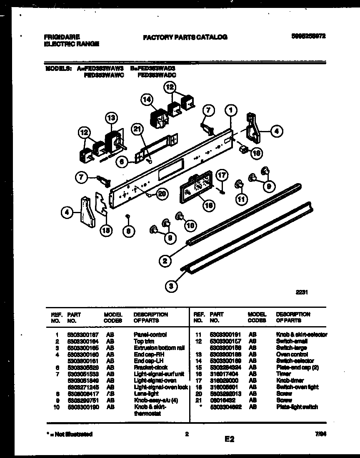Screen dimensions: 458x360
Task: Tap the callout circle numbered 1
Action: (x=230, y=110)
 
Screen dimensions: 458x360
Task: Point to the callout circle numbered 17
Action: (x=222, y=175)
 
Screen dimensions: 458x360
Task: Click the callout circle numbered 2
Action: (x=165, y=262)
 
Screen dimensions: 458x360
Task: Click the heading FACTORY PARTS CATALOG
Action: (x=185, y=37)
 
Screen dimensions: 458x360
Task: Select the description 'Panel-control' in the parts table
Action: (x=150, y=335)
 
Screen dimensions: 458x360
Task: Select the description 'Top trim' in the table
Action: (x=144, y=341)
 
